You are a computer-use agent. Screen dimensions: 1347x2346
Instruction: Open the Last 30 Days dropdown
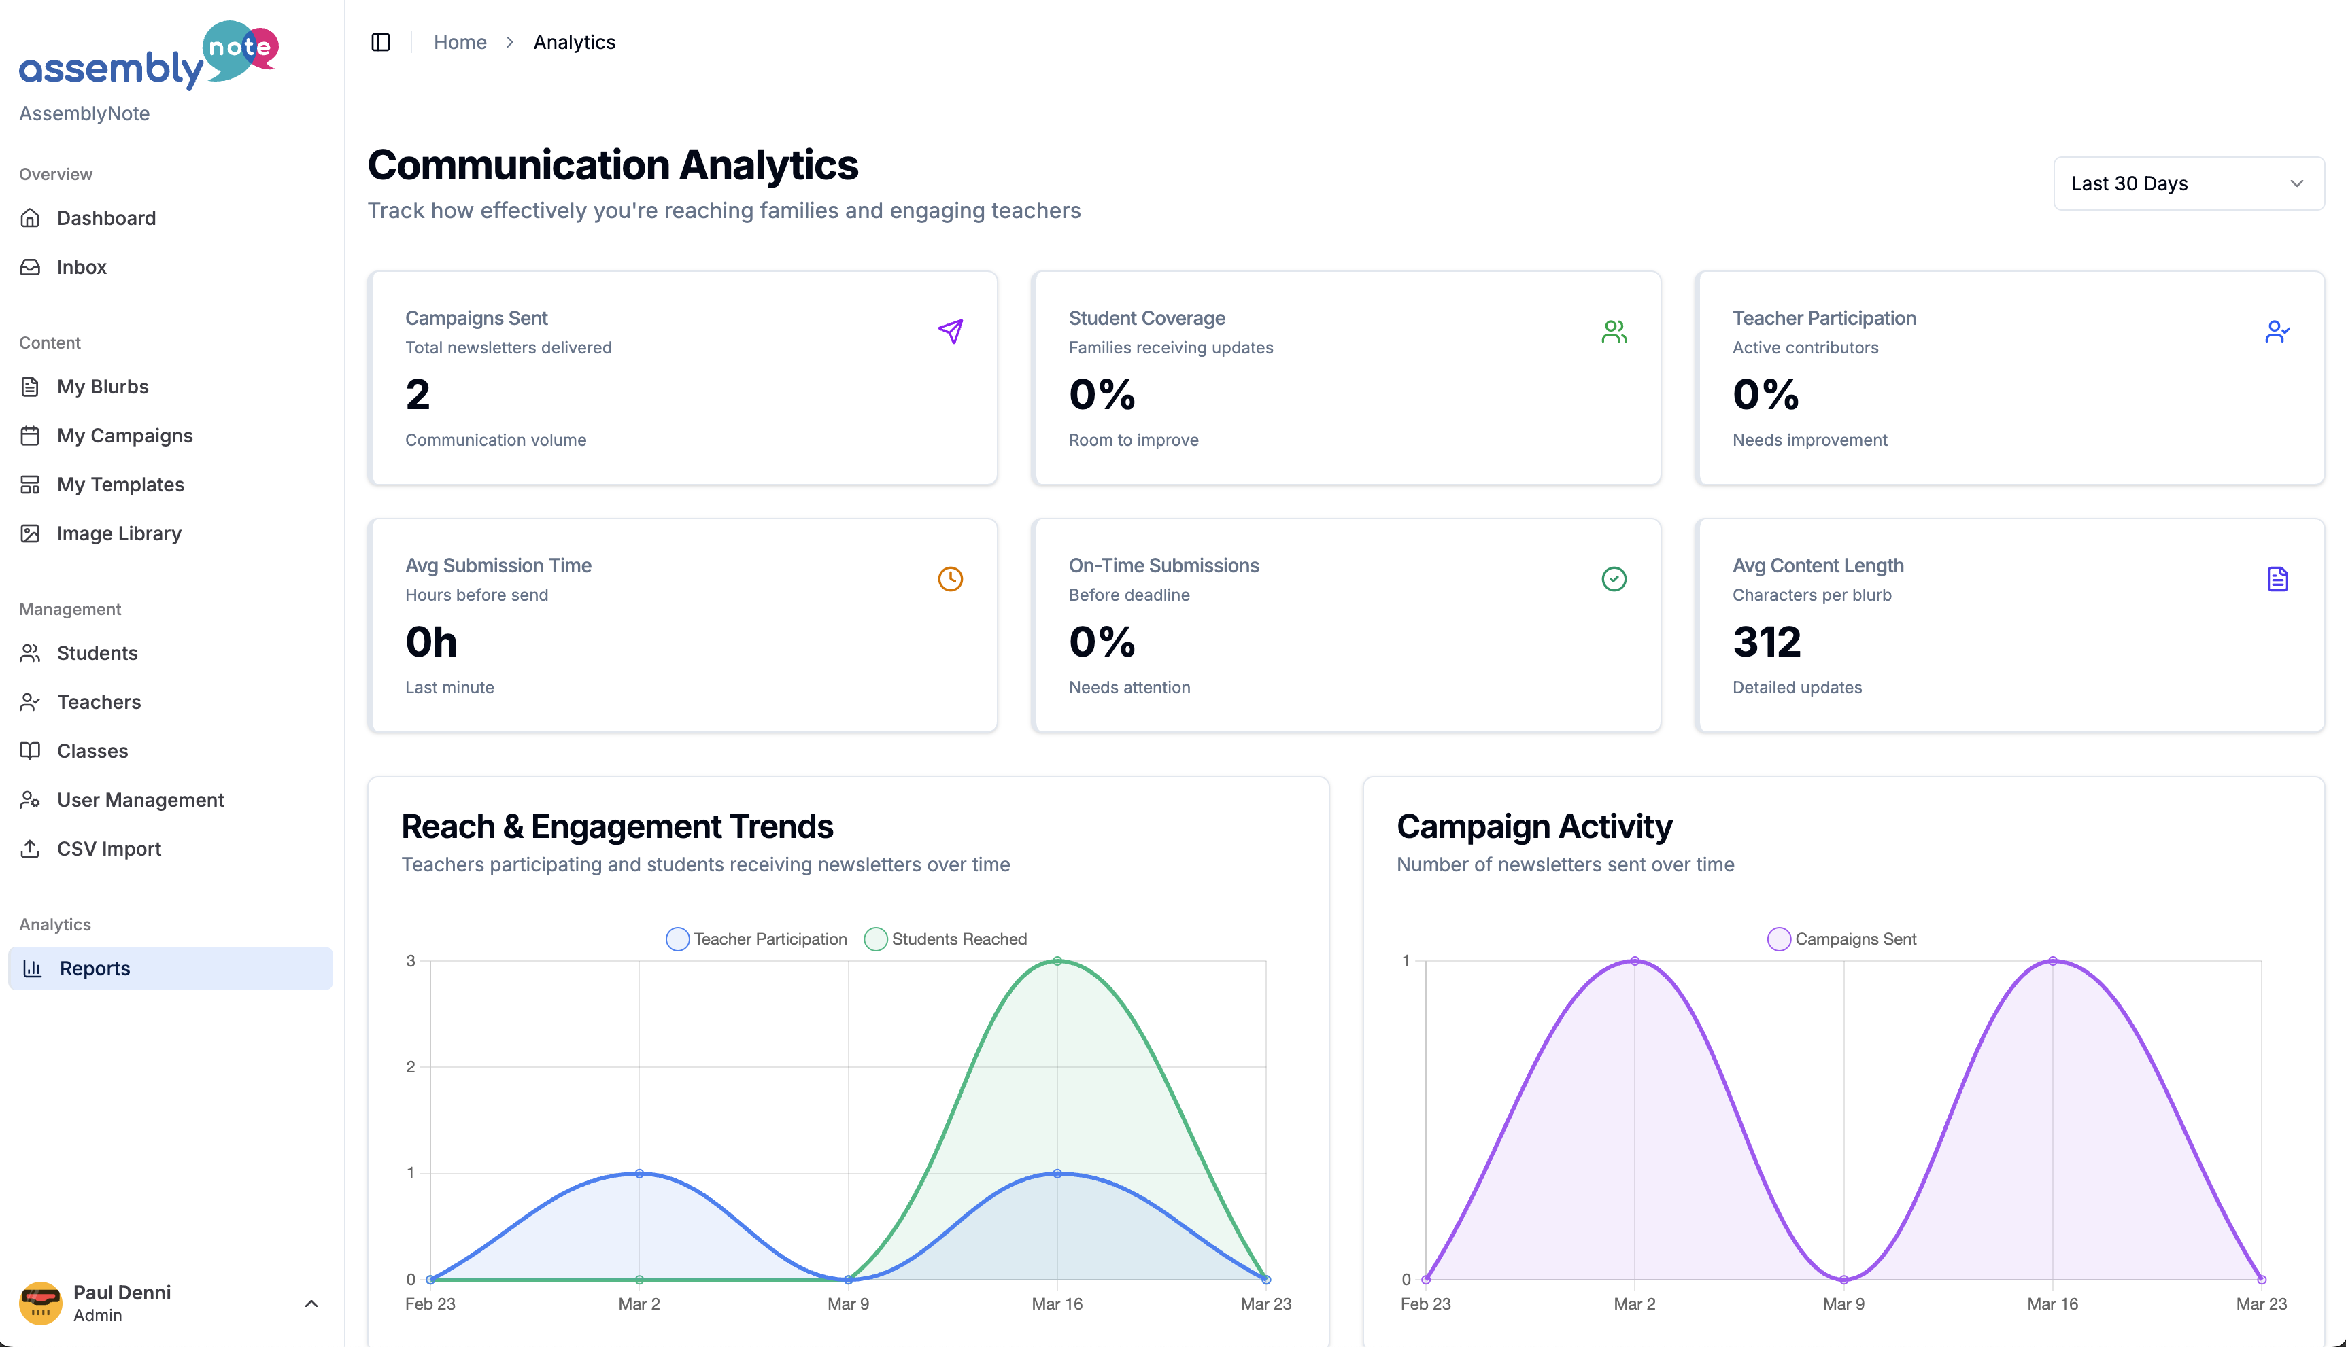pos(2188,183)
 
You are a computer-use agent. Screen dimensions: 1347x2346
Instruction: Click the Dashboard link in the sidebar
pos(105,218)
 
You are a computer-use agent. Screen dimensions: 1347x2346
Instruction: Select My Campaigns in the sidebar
pos(124,436)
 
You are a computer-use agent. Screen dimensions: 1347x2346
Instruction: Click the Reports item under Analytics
pos(95,968)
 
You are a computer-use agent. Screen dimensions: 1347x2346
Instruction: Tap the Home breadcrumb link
pos(460,43)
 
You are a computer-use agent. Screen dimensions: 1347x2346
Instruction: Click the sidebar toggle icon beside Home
pos(380,43)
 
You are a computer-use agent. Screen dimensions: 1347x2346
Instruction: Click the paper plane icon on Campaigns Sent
pos(951,331)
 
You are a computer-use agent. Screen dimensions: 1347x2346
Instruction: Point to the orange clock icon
pos(951,579)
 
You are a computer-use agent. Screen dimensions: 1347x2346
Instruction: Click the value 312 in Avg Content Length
pos(1766,642)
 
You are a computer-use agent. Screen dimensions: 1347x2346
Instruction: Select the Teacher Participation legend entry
pos(756,939)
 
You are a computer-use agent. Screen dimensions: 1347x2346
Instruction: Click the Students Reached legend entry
pos(946,939)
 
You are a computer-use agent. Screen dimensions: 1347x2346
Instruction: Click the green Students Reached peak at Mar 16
pos(1057,961)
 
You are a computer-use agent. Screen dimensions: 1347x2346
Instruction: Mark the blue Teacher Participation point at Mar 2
pos(639,1173)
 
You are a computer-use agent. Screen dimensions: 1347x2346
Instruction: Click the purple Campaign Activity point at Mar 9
pos(1843,1280)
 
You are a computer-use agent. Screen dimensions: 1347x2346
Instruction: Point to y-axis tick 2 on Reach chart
pos(411,1067)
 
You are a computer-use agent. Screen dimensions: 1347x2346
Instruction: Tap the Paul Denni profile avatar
pos(41,1303)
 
